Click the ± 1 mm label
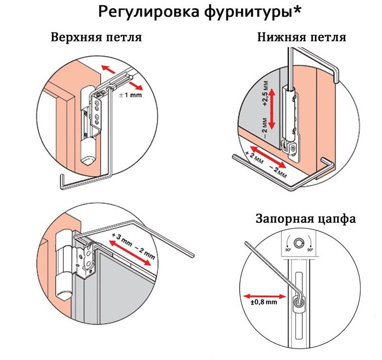click(129, 96)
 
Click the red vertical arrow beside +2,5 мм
click(272, 107)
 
